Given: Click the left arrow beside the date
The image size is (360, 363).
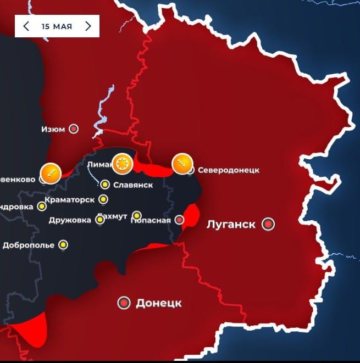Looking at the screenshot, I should pos(26,26).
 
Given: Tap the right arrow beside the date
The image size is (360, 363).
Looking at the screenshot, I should pos(88,26).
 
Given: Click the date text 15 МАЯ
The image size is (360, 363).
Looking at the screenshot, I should pos(57,26).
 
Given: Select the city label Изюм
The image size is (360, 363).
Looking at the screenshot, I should pos(53,130).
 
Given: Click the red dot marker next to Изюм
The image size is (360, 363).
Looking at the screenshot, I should pos(73,129).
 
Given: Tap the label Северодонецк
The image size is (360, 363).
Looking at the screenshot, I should pos(228,170).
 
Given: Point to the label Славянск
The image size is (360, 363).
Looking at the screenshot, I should pos(132,185).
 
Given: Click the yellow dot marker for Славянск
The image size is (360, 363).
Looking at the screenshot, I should pos(105,185).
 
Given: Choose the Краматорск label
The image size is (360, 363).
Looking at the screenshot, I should pos(69,199).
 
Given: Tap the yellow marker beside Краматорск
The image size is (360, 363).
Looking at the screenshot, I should pos(103,199).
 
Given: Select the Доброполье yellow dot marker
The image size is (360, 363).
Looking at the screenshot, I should pos(64,245).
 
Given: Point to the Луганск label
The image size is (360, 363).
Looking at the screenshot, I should pos(231,224).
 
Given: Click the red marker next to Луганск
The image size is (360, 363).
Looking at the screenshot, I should pos(268,224).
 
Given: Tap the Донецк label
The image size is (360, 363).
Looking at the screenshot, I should pos(158,303).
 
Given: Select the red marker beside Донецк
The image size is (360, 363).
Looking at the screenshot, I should pos(124,303).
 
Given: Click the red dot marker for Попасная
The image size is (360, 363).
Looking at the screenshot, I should pos(179,220).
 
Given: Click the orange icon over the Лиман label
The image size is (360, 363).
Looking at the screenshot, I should pos(122,163).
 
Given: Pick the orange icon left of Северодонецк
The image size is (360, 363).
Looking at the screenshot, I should pos(182,163).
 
